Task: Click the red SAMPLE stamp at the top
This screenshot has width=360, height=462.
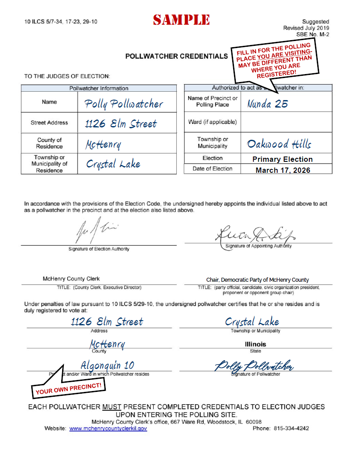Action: click(x=181, y=20)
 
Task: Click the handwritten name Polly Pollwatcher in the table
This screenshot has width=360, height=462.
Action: click(x=124, y=104)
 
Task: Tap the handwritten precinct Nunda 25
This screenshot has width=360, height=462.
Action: click(x=267, y=104)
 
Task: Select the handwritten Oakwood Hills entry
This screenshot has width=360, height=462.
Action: click(x=279, y=144)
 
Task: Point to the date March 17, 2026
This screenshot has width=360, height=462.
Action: click(x=282, y=170)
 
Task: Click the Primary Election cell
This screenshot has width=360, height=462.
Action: click(x=282, y=159)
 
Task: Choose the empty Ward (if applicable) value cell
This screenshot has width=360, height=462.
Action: click(x=286, y=122)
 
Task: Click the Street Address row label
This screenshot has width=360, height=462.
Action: click(x=49, y=123)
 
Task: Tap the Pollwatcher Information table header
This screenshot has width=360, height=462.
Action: click(x=99, y=88)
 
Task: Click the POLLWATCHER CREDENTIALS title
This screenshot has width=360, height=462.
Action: click(x=177, y=56)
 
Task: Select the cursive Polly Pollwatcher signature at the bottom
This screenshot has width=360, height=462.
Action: click(x=254, y=366)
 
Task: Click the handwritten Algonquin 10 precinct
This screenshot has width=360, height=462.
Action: click(x=108, y=365)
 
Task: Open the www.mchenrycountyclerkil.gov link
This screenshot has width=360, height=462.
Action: click(x=108, y=428)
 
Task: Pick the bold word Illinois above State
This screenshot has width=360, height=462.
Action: click(x=255, y=344)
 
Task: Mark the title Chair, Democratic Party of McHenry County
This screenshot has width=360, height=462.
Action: click(x=257, y=280)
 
